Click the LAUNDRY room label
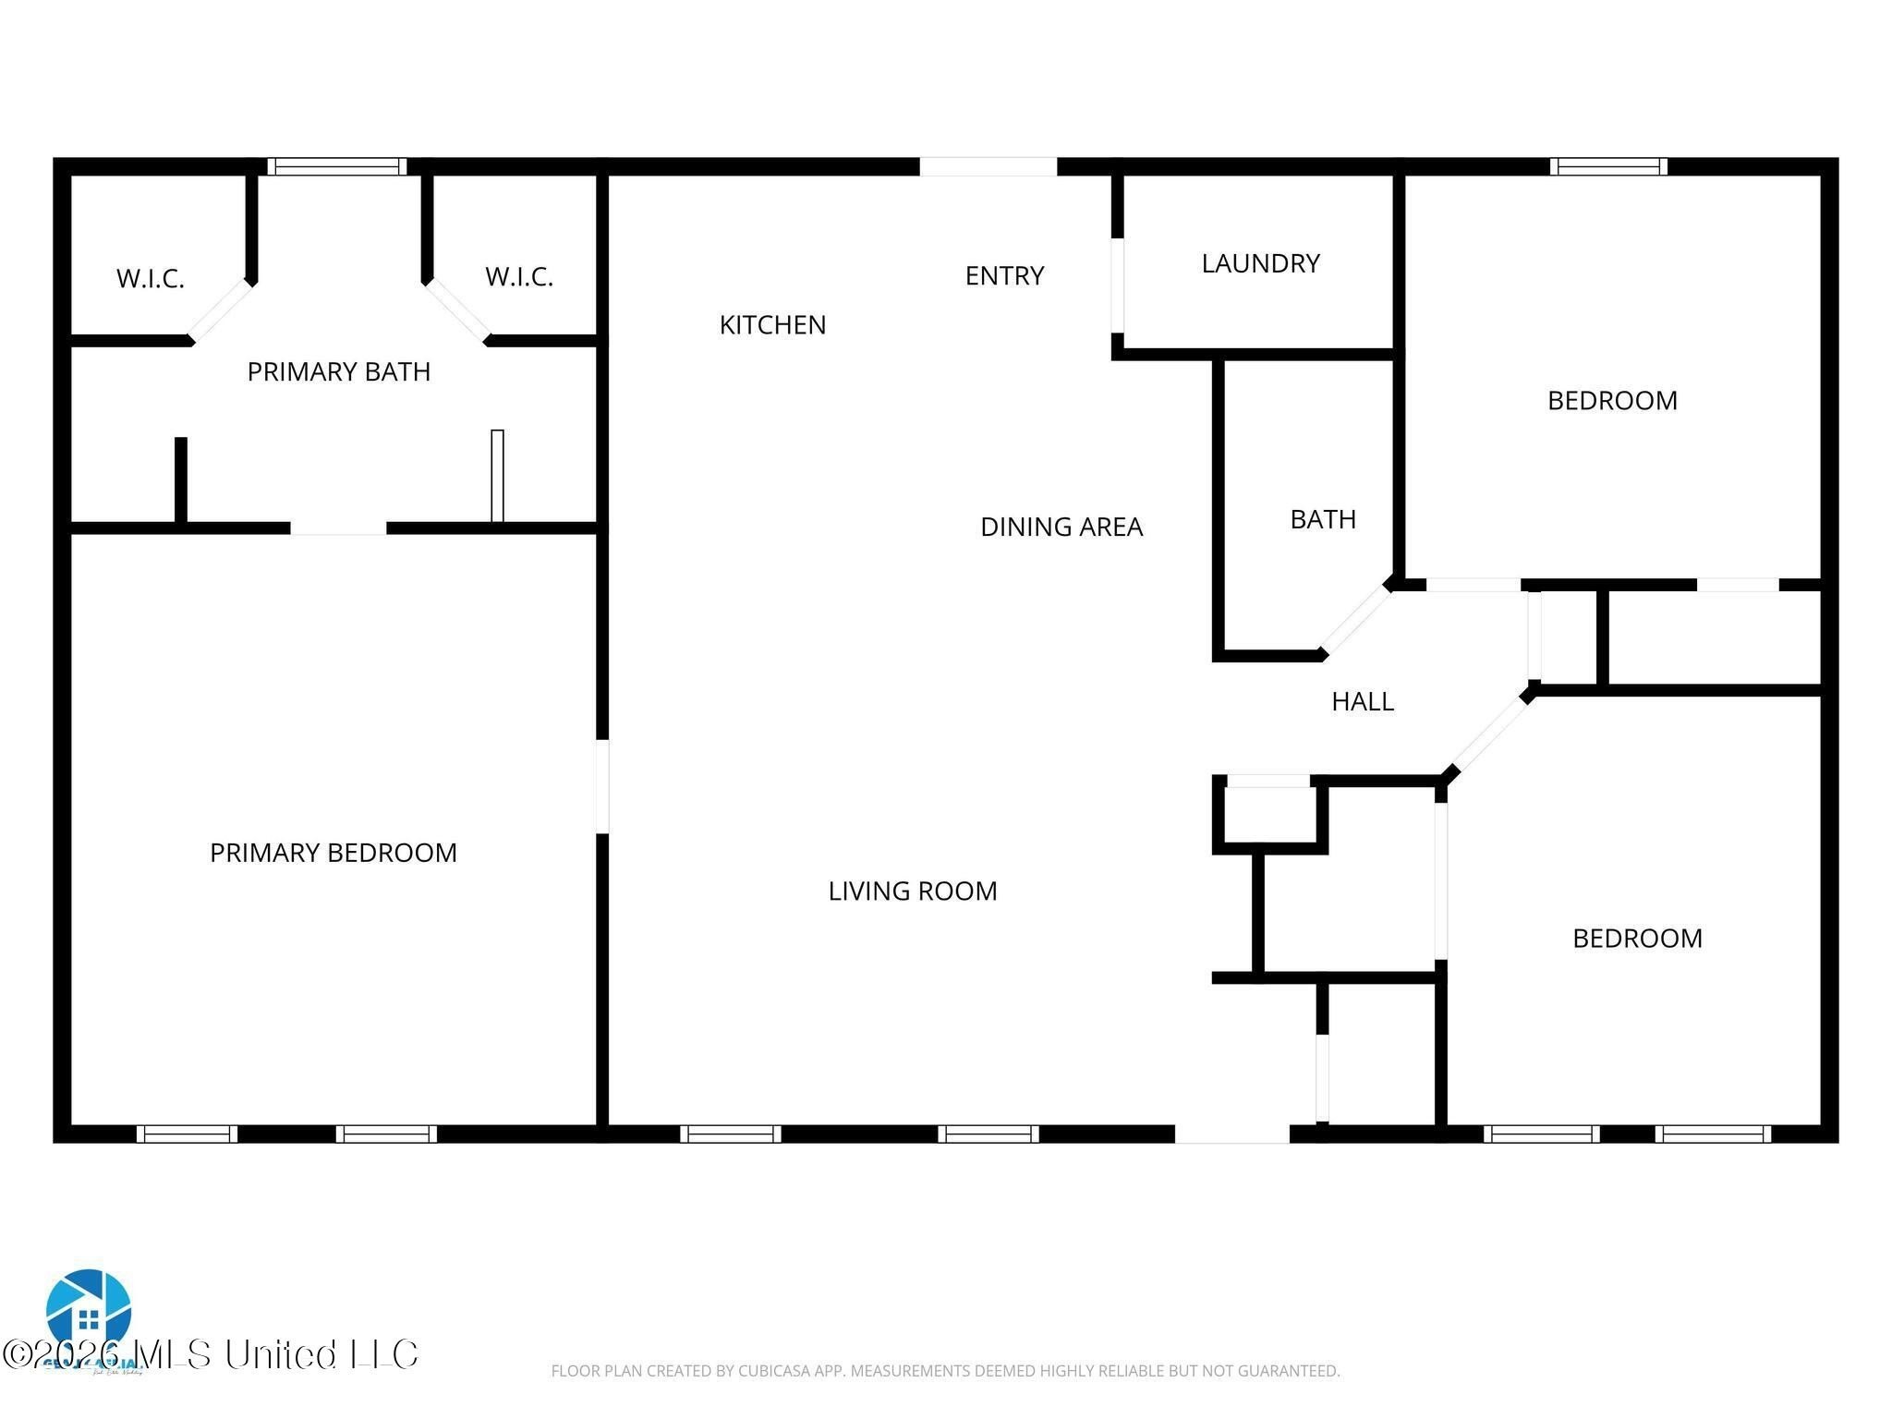(1260, 263)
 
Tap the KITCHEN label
(772, 325)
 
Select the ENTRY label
(1004, 275)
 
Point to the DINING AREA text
(1061, 527)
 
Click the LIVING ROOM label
(913, 891)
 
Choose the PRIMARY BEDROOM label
(334, 853)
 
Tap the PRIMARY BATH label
(339, 371)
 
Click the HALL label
(1363, 701)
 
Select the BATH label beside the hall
(1323, 519)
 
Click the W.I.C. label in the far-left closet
(151, 278)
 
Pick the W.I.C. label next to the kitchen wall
(519, 276)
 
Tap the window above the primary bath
(337, 166)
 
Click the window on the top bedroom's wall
(1608, 166)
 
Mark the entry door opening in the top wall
(988, 166)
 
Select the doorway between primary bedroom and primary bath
(338, 528)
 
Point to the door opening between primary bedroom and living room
(602, 785)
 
